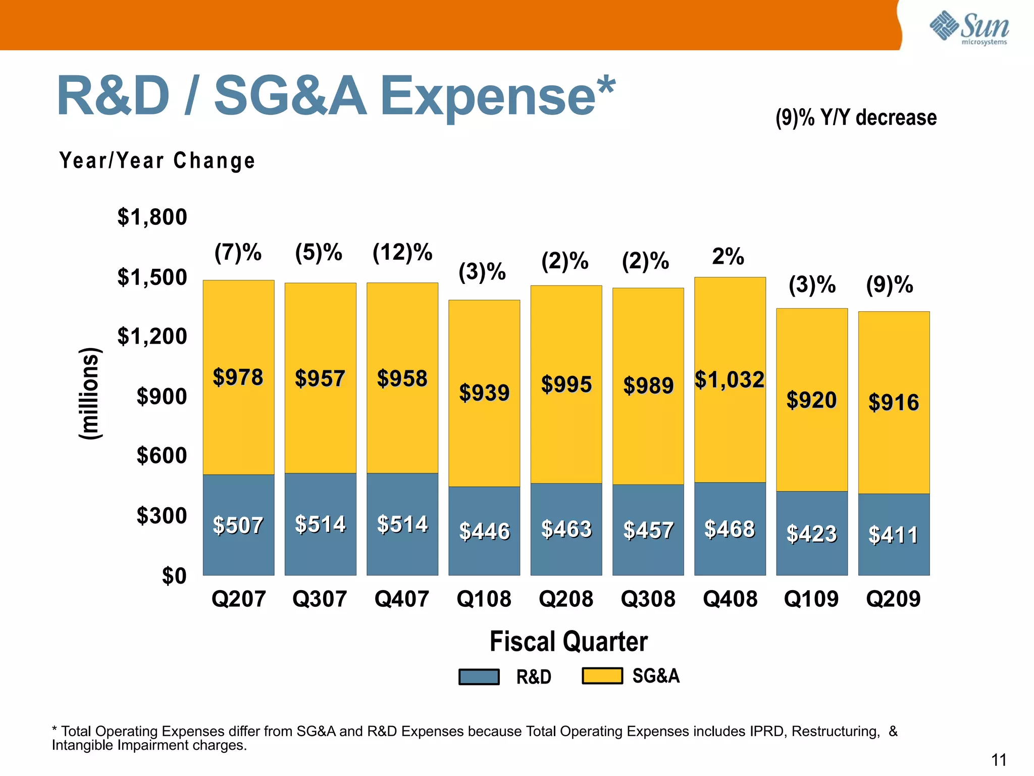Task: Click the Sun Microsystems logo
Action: click(x=969, y=28)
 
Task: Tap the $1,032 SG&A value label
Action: click(x=730, y=380)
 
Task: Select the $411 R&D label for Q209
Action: click(x=893, y=535)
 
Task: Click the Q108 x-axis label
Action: click(x=484, y=599)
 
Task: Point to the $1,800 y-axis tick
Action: click(x=152, y=217)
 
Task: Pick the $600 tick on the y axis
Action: click(x=162, y=456)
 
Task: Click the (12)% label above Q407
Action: click(x=402, y=252)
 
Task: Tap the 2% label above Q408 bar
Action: click(x=728, y=257)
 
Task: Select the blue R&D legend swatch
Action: click(x=479, y=676)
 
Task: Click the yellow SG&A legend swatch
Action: click(x=602, y=675)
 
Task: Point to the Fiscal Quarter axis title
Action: click(x=568, y=642)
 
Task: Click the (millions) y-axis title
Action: click(x=90, y=394)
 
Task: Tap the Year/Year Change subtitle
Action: click(x=157, y=161)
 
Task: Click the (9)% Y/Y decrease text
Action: click(x=856, y=118)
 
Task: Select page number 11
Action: click(x=998, y=760)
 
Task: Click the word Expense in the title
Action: click(x=488, y=96)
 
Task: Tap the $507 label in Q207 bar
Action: click(x=238, y=525)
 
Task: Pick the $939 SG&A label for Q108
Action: click(x=484, y=393)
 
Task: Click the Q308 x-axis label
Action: click(x=648, y=599)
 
